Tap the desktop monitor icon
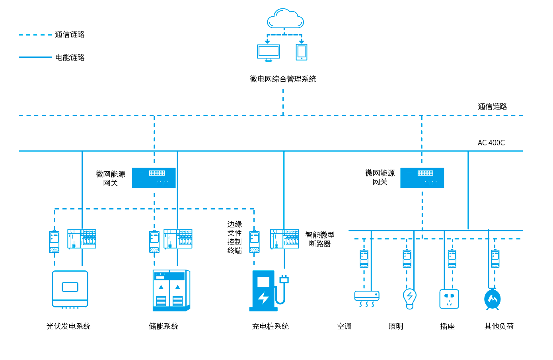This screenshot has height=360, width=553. tap(269, 52)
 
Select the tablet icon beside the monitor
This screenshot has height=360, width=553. tap(302, 52)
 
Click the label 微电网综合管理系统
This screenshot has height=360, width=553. tap(283, 79)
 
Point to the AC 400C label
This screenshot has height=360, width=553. tap(491, 143)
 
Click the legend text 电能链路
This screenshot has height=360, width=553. tap(70, 57)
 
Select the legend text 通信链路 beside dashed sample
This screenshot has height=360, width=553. tap(70, 35)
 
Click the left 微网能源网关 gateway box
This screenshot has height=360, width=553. tap(154, 178)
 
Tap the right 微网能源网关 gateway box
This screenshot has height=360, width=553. tap(422, 178)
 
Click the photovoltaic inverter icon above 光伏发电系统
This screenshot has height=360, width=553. tap(70, 289)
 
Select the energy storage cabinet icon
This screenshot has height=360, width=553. tap(171, 290)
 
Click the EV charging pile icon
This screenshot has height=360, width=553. tap(267, 291)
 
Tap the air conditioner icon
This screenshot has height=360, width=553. tap(367, 298)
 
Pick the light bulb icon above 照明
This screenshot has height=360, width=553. tap(410, 298)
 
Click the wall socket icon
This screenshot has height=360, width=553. tap(449, 299)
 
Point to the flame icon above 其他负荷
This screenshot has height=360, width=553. tap(493, 299)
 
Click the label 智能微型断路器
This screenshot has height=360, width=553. tap(320, 239)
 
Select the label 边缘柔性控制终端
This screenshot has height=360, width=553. tap(235, 237)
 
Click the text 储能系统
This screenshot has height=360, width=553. tap(164, 326)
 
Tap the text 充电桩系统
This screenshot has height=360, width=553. tap(271, 326)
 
